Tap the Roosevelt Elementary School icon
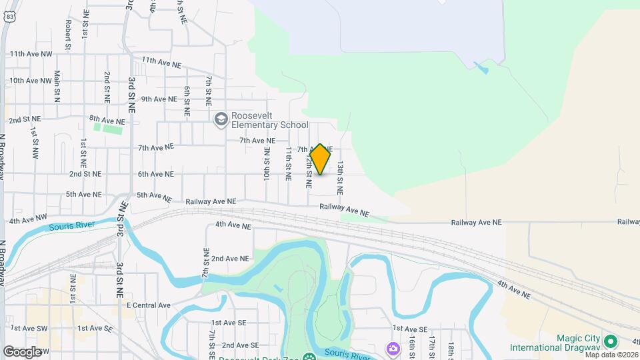coord(221,120)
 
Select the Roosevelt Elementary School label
coord(269,120)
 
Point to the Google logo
coord(22,351)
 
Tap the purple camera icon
coord(393,348)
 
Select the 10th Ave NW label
coord(31,81)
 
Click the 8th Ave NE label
coord(107,121)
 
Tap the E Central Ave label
coord(149,305)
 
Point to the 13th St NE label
coord(340,177)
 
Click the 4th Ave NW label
coord(28,218)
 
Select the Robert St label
coord(68,31)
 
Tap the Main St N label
coord(57,86)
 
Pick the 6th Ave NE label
coord(155,174)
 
